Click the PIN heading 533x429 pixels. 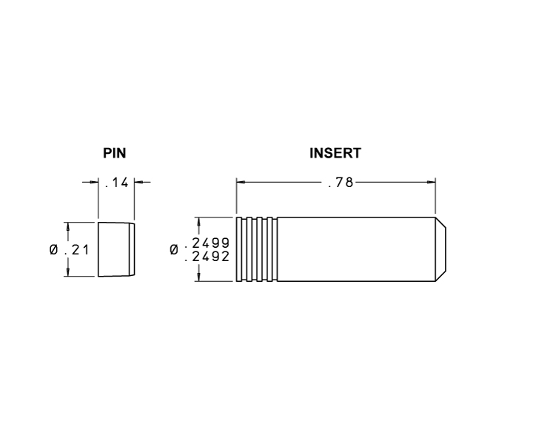115,153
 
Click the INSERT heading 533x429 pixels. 335,153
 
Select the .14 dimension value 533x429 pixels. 117,183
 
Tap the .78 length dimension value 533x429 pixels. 341,183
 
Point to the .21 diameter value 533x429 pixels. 76,250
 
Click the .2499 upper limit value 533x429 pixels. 207,243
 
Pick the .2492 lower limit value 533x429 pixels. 207,257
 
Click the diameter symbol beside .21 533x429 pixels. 54,250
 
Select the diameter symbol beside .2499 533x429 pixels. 174,250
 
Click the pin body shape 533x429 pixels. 117,250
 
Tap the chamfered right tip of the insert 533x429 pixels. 441,249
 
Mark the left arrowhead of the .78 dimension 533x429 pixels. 241,183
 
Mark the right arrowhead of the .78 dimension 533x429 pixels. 432,183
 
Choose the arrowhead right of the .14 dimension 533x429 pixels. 138,183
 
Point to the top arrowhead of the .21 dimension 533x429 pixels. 68,227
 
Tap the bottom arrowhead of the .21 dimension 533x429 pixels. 68,272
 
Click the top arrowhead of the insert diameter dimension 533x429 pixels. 199,222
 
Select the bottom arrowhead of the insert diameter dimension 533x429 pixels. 199,277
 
